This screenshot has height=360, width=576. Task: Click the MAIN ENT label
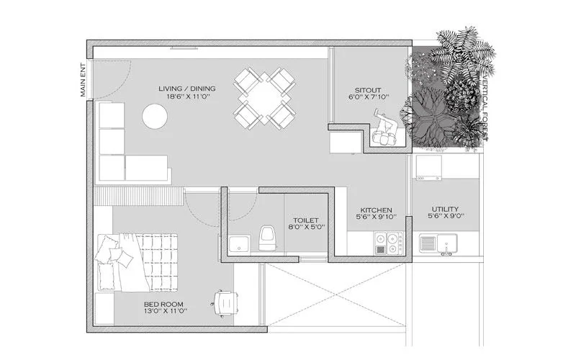click(84, 80)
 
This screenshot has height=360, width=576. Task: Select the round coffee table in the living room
click(154, 115)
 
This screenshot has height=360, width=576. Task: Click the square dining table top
click(265, 97)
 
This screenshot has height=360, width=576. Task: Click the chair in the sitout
click(383, 133)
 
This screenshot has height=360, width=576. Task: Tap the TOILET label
click(305, 220)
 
